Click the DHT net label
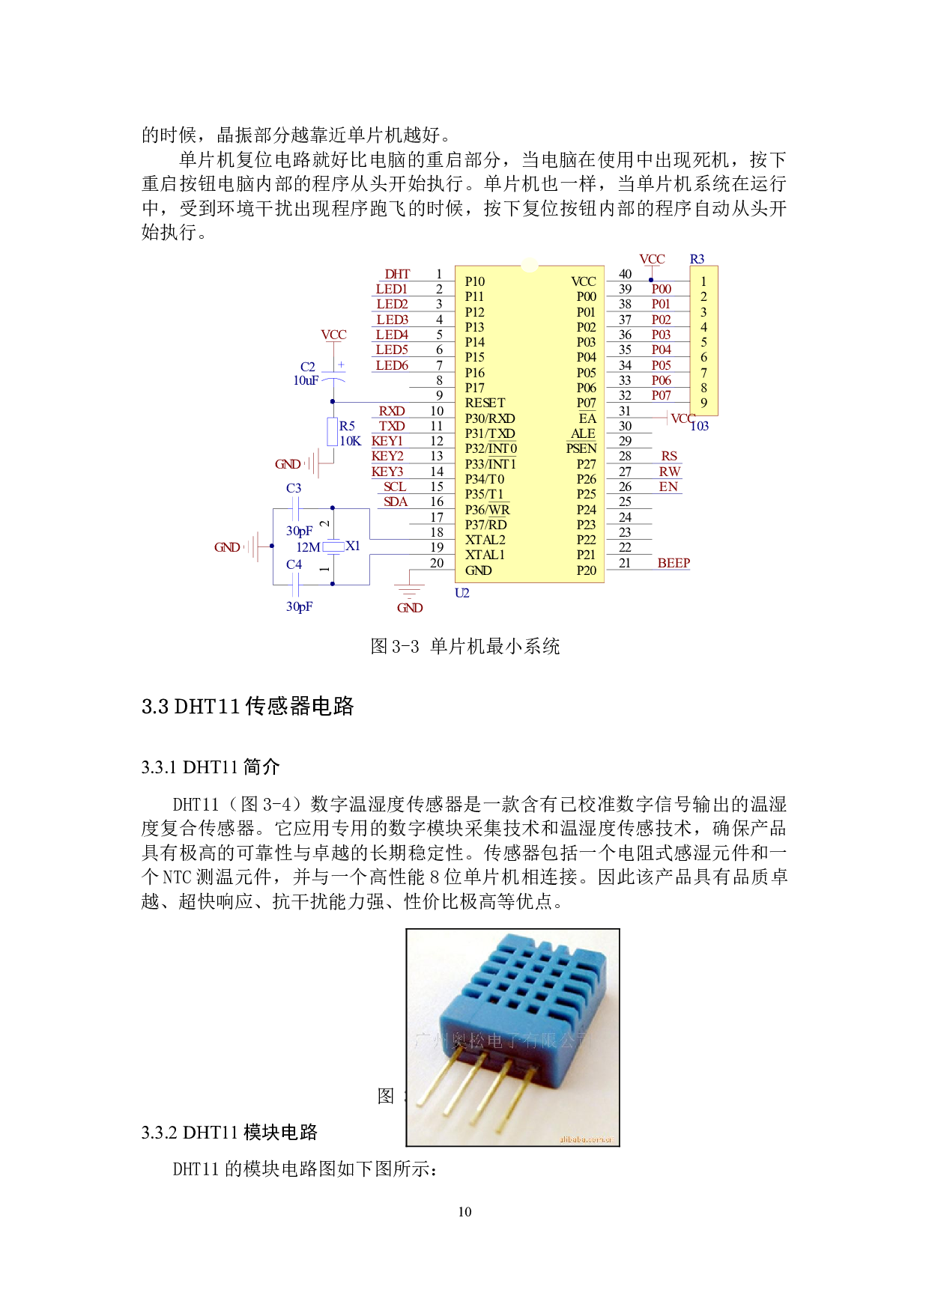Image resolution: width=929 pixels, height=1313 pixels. (397, 274)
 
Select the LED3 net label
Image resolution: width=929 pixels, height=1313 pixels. (392, 320)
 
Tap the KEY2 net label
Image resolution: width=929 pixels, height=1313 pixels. (387, 456)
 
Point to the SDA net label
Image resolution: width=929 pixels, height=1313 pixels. (396, 502)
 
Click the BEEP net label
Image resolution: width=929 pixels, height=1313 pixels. (673, 563)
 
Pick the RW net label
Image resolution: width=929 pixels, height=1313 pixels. (669, 472)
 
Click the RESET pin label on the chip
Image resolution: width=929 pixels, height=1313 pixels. (485, 403)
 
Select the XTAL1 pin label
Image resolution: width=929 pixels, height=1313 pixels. (485, 555)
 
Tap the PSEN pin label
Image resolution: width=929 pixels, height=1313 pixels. (581, 448)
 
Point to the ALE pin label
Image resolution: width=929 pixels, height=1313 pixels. (583, 433)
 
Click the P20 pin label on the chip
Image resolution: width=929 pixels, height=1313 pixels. (586, 570)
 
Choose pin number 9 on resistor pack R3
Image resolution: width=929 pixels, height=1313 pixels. (703, 403)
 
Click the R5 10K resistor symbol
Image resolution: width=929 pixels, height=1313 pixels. (333, 432)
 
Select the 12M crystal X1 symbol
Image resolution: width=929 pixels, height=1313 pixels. (333, 547)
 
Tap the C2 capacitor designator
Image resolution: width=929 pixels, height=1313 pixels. (308, 367)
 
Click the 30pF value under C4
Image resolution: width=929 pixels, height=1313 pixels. (299, 606)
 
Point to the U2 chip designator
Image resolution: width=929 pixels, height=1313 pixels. (462, 593)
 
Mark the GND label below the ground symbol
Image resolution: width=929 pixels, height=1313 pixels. (410, 608)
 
